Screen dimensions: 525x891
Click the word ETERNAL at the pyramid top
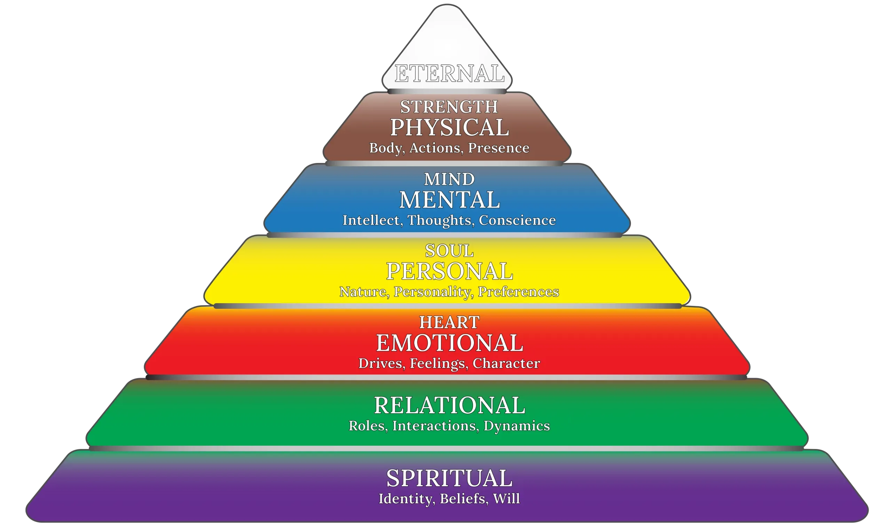(449, 74)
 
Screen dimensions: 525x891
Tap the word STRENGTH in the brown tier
(449, 107)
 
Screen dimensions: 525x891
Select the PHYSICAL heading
(449, 127)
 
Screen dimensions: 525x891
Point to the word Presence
(499, 148)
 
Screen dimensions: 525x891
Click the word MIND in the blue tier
(449, 179)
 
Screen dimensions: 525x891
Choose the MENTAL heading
(449, 200)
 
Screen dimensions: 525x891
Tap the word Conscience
(517, 220)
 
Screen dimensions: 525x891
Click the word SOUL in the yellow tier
(449, 251)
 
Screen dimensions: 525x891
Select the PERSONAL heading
(449, 271)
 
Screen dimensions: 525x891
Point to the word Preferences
(518, 292)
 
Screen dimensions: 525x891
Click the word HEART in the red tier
(449, 322)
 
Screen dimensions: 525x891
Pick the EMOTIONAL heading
(449, 343)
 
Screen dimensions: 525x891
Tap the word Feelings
(437, 363)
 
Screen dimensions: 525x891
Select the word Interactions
(434, 426)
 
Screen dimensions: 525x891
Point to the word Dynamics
(516, 426)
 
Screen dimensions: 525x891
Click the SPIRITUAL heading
(449, 478)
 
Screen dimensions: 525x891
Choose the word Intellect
(371, 220)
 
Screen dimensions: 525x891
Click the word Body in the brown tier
(385, 148)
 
